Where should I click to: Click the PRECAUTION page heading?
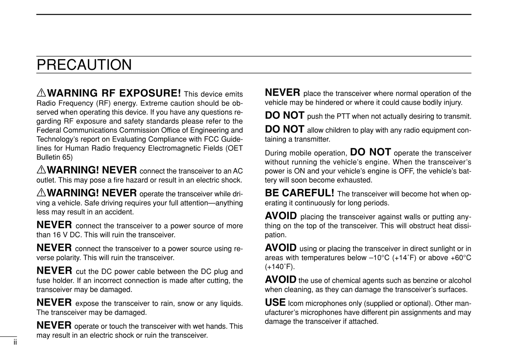coord(84,65)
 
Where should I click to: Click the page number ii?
coord(15,342)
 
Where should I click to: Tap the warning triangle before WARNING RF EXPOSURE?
coord(41,93)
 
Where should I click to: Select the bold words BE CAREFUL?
coord(299,193)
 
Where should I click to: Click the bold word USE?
coord(275,302)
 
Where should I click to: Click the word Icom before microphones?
coord(296,304)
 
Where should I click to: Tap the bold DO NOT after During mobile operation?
coord(370,152)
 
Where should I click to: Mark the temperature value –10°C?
coord(379,258)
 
